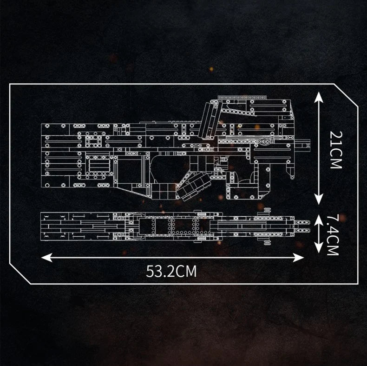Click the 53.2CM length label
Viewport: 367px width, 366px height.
coord(171,271)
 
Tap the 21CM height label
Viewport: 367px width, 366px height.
coord(336,150)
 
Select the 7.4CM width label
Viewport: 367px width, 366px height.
coord(333,235)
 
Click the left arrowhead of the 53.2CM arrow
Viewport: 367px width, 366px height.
coord(46,258)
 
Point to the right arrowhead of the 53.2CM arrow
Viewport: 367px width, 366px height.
coord(298,258)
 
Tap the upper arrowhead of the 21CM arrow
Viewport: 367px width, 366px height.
coord(318,97)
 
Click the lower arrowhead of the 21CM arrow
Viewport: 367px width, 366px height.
coord(318,199)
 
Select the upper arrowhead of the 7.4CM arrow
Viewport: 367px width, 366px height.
coord(318,220)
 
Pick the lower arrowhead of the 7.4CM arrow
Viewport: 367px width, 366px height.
coord(318,247)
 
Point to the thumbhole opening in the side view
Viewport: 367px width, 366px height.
coord(169,168)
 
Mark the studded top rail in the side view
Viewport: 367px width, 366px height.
coord(242,97)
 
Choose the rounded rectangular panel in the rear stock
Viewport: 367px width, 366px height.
coord(99,166)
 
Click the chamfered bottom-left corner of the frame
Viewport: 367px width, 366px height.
coord(20,273)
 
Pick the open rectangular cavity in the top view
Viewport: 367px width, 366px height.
coord(162,226)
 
